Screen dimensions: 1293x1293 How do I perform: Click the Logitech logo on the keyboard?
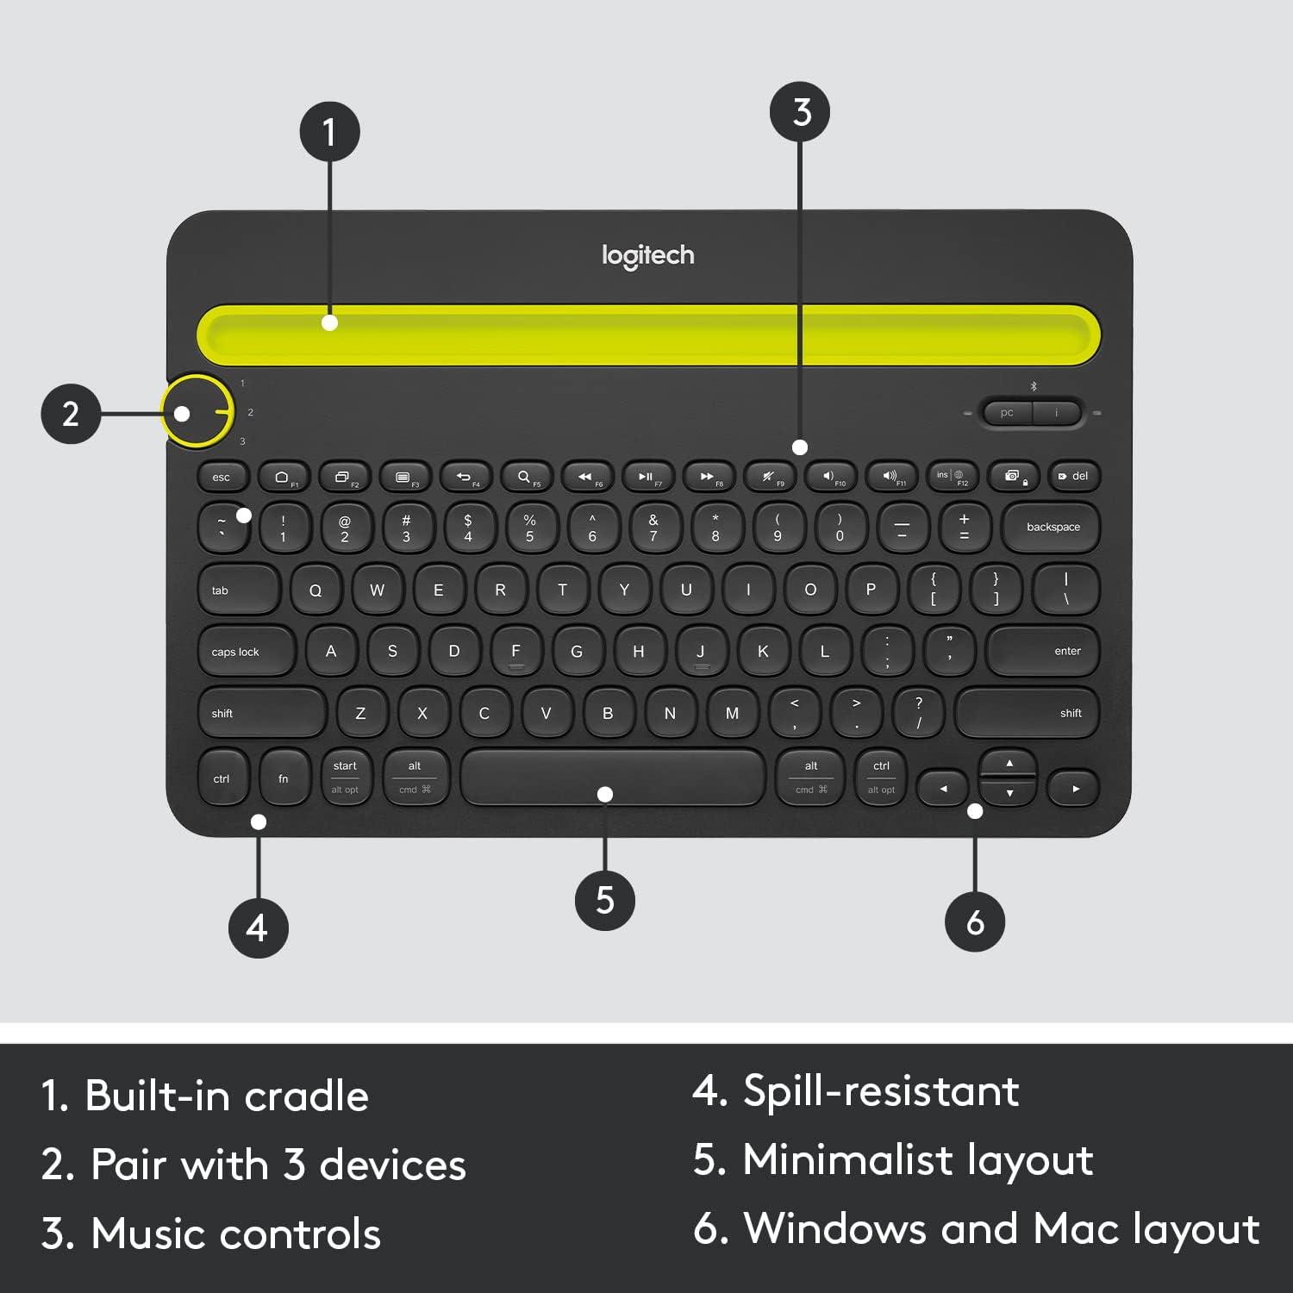click(x=647, y=255)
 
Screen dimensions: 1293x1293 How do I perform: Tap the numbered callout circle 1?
click(x=329, y=132)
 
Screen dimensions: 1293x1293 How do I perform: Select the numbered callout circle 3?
click(x=801, y=112)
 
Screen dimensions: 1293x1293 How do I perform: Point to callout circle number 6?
click(x=975, y=921)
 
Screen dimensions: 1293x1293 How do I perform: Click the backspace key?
click(x=1052, y=527)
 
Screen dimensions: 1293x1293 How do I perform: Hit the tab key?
click(x=238, y=590)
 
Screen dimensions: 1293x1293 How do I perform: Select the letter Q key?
click(x=315, y=590)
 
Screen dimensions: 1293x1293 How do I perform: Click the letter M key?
click(x=732, y=713)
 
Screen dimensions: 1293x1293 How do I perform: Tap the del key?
click(x=1074, y=476)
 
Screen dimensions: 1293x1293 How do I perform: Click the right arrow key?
click(x=1074, y=789)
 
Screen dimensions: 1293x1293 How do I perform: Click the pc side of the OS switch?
click(x=1007, y=413)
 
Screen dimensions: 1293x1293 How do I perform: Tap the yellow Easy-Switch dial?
click(x=197, y=412)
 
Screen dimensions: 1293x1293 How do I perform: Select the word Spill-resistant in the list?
click(x=881, y=1091)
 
